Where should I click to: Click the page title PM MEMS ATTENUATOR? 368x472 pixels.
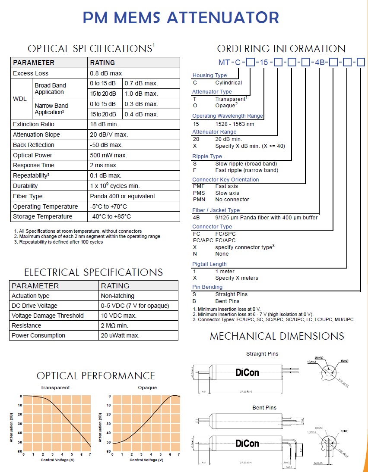point(181,18)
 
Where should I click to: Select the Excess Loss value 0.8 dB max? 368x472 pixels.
point(106,73)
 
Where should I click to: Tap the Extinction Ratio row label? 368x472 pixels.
point(34,124)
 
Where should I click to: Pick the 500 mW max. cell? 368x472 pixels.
point(108,155)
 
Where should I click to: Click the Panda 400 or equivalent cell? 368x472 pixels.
point(122,196)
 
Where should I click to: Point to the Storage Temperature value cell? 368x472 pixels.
point(110,216)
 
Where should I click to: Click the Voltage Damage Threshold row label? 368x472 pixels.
point(48,316)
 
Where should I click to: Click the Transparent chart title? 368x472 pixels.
point(55,388)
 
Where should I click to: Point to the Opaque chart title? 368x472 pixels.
point(147,388)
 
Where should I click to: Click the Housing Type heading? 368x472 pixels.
point(209,75)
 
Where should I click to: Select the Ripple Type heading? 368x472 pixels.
point(207,156)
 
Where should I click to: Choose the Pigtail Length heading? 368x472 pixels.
point(209,264)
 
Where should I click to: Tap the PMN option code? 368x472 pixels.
point(199,200)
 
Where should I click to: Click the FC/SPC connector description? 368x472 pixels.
point(225,234)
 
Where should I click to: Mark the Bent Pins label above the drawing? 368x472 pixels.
point(264,407)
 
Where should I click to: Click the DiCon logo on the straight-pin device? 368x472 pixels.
point(247,372)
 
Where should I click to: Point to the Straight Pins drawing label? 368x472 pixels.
point(262,354)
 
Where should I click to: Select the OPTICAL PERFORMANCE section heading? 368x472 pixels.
point(96,375)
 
